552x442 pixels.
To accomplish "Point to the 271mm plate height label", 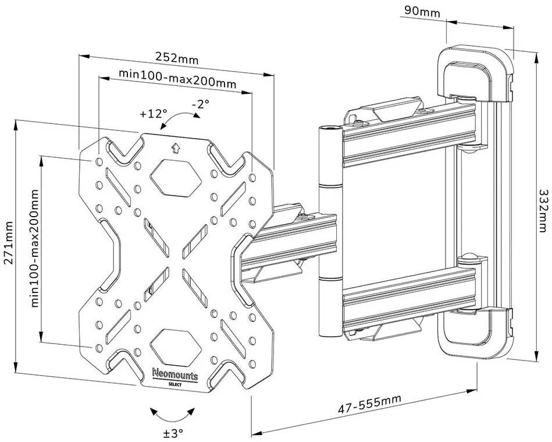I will [x=8, y=242].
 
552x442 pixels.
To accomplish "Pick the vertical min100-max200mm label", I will [x=35, y=247].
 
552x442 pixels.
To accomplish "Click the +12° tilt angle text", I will [x=153, y=114].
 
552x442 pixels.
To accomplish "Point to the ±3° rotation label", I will [x=173, y=433].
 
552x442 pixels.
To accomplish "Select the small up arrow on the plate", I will [x=176, y=148].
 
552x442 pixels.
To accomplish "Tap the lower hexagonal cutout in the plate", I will [x=174, y=344].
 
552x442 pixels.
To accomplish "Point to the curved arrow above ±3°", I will [x=173, y=414].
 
